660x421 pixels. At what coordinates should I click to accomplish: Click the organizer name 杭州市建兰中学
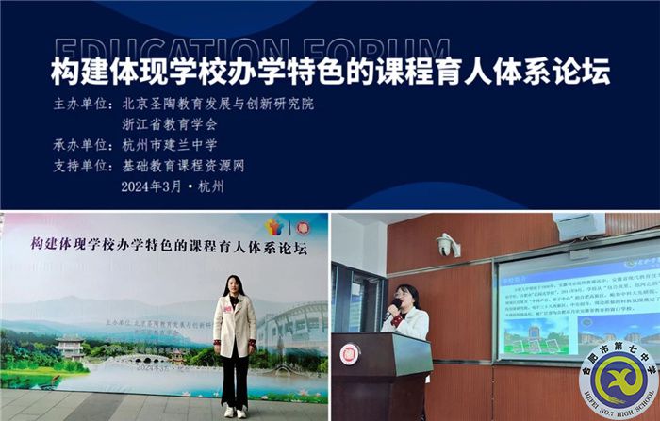pos(170,145)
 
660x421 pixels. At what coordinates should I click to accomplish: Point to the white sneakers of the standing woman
pos(234,411)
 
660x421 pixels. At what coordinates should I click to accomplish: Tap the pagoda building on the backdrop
pos(71,347)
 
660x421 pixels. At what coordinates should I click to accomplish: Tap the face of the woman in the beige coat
pos(233,283)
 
